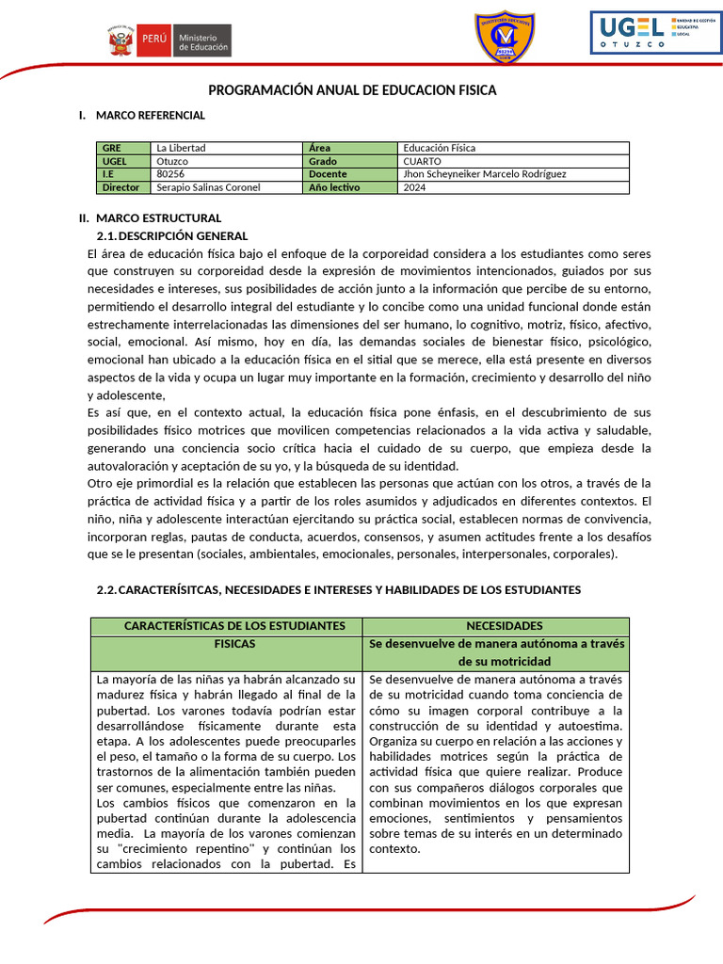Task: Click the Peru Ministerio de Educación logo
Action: tap(169, 40)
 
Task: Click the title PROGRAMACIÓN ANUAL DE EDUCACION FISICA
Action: tap(351, 90)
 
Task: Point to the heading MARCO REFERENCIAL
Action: tap(150, 115)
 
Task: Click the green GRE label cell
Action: tap(122, 148)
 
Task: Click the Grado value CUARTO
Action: tap(513, 161)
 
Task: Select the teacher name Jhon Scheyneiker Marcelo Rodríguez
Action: tap(513, 174)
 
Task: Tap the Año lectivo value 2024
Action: tap(513, 187)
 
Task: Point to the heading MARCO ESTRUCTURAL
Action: tap(158, 217)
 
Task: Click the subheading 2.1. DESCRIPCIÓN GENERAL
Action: tap(172, 235)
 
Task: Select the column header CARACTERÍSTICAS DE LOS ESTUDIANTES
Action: tap(227, 626)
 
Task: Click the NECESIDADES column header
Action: tap(496, 626)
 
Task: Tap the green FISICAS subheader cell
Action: tap(227, 644)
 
